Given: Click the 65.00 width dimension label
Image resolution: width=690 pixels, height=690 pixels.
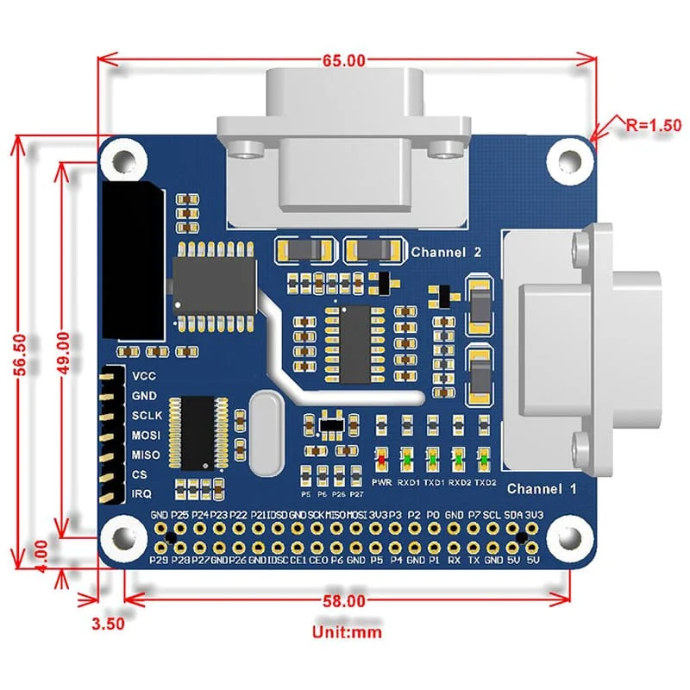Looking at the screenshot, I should (345, 61).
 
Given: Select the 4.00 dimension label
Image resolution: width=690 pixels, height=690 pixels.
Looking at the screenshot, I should (34, 548).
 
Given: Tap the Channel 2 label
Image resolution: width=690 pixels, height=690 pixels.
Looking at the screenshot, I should (445, 252).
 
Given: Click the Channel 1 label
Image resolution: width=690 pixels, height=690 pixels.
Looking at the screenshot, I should (541, 489).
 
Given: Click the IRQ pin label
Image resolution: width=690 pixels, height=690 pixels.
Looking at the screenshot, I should (141, 494).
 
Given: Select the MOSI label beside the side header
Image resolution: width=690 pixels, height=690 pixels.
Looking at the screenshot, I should (145, 435).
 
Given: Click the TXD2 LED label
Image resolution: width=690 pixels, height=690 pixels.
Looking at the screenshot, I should (486, 481).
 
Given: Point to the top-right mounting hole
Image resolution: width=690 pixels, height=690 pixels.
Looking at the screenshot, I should (569, 160).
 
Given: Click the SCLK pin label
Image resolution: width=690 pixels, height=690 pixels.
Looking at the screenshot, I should (146, 415).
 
